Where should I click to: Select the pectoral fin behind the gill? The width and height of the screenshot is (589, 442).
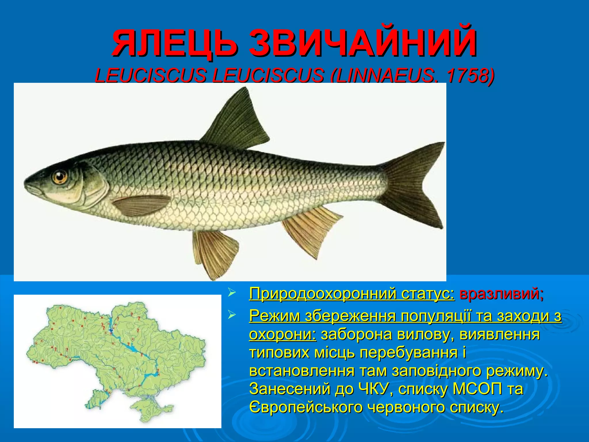point(141,205)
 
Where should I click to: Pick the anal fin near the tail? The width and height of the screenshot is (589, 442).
point(311,230)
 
